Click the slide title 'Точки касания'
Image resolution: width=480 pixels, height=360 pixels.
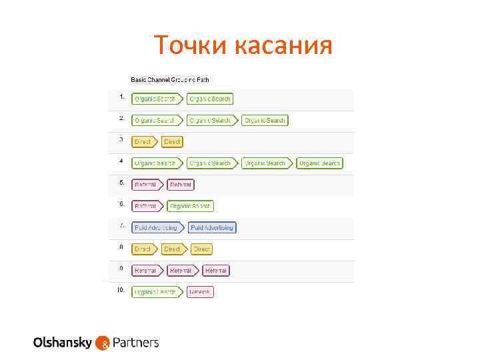tap(243, 45)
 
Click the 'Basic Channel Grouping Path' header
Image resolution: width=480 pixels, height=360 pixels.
tap(169, 79)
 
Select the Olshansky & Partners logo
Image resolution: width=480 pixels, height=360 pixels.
tap(96, 343)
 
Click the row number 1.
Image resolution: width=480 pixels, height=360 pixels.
tap(122, 97)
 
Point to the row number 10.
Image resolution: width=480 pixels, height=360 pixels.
tap(121, 290)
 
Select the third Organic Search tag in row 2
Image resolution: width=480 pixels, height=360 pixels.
tap(265, 121)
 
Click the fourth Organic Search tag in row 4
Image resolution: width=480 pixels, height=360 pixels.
tap(319, 163)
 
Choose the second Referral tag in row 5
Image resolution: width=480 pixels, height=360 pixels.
tap(181, 185)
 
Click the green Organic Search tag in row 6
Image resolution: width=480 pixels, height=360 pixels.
tap(191, 206)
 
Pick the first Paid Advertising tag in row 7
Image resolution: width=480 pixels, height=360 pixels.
tap(157, 227)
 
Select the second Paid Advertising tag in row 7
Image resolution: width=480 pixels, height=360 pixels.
tap(212, 227)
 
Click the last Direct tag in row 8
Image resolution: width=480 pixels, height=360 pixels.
tap(201, 249)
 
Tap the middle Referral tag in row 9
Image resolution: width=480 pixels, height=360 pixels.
tap(182, 271)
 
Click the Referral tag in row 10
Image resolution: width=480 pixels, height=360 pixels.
tap(200, 292)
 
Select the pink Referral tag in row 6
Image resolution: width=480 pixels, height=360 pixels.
tap(147, 206)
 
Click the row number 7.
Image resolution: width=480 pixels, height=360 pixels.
tap(122, 226)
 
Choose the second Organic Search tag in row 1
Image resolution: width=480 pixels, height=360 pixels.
tap(210, 99)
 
